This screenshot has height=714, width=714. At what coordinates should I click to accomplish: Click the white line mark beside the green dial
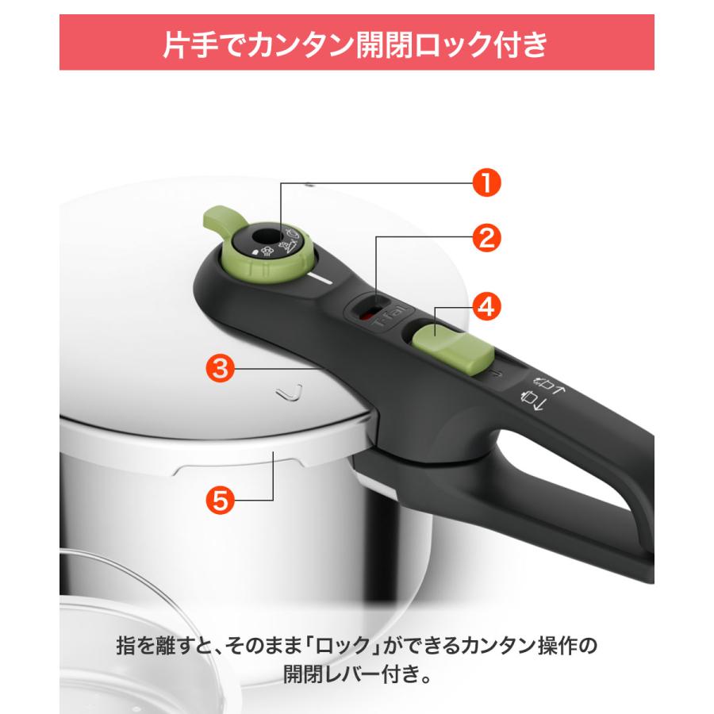324,278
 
